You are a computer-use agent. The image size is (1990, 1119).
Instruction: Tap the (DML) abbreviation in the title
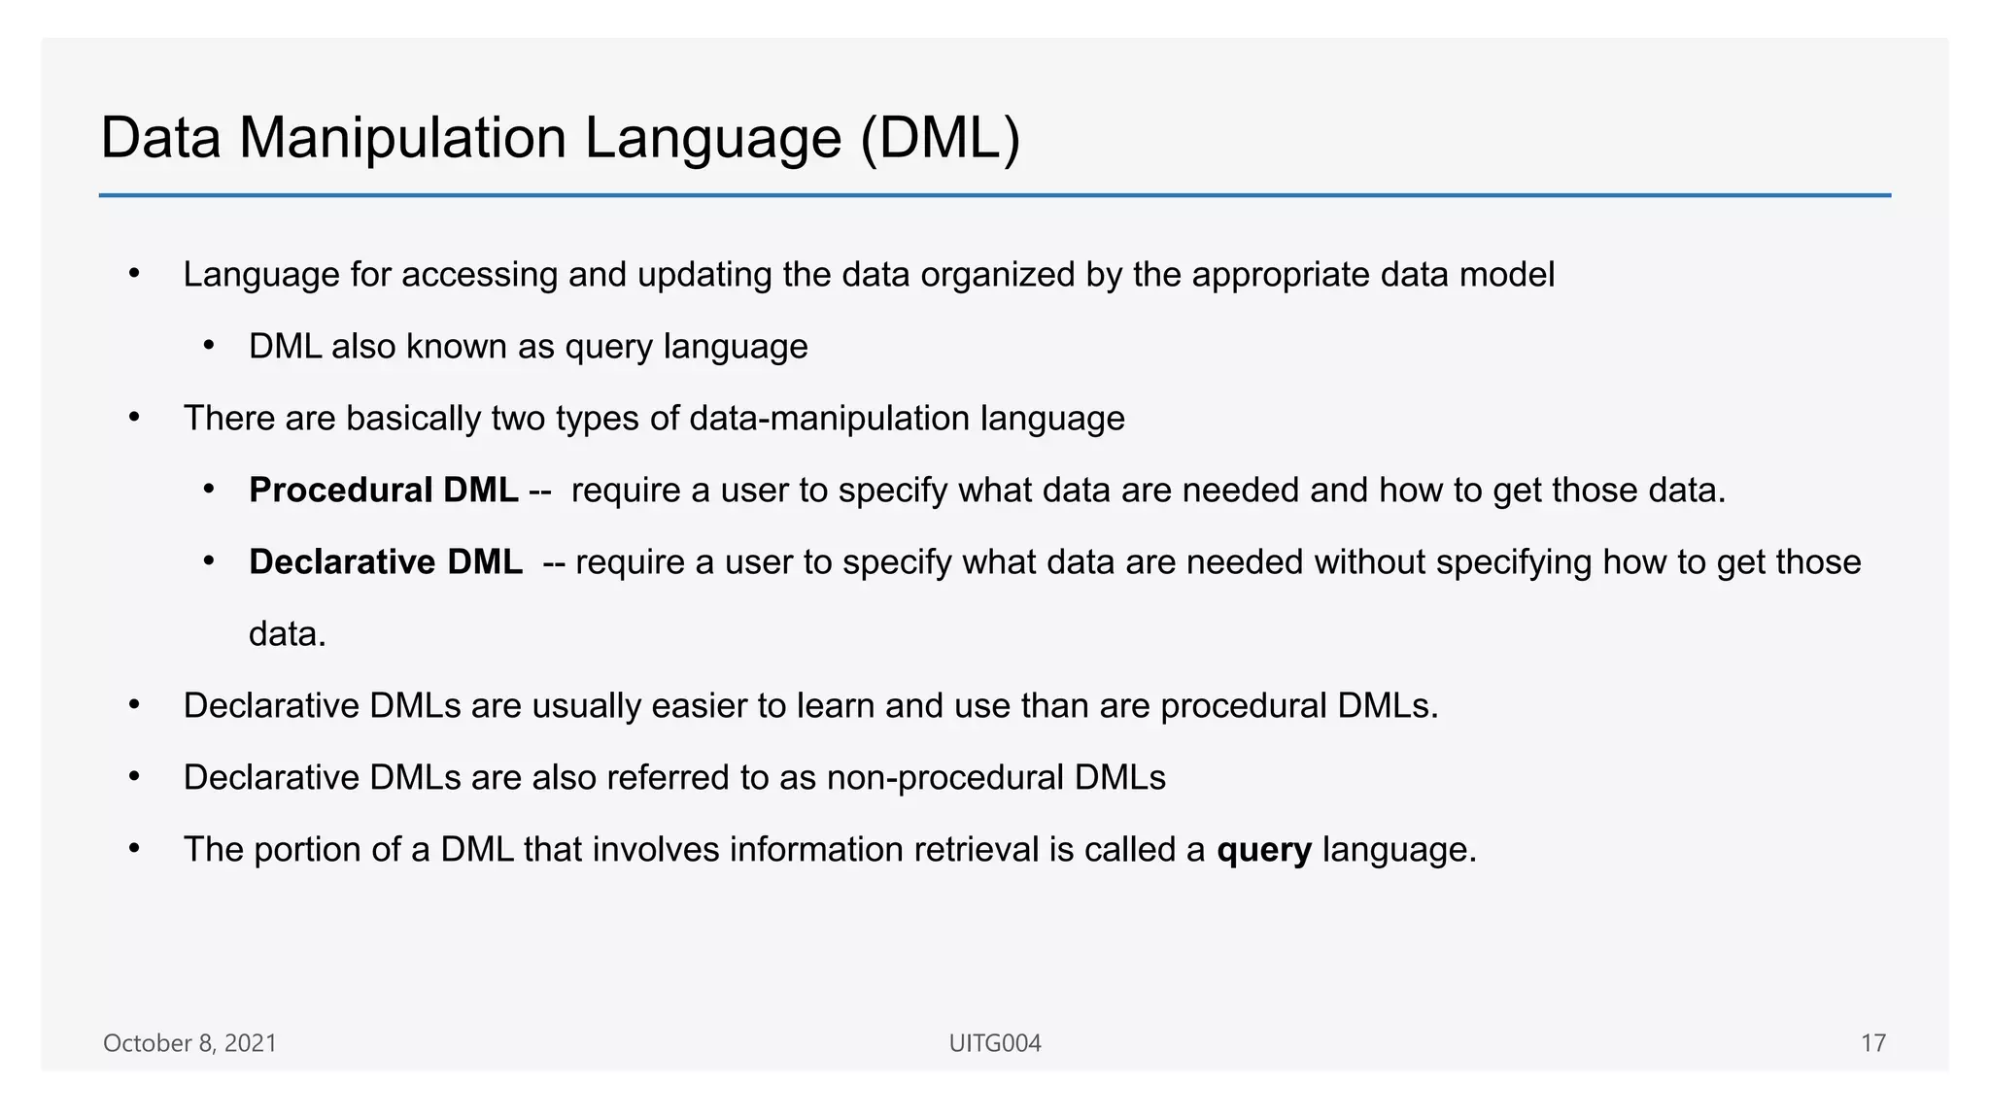(x=940, y=138)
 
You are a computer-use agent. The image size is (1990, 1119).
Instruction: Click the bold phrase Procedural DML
(x=383, y=491)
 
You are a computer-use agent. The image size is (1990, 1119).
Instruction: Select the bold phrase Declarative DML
(x=385, y=562)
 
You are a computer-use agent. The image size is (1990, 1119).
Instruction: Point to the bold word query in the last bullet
(x=1263, y=850)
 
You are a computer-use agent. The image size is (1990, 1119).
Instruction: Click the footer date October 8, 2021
(x=189, y=1043)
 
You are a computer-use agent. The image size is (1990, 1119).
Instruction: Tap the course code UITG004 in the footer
(x=994, y=1043)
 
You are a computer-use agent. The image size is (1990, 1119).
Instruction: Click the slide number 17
(x=1872, y=1043)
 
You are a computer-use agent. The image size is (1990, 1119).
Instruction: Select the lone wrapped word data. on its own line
(x=287, y=634)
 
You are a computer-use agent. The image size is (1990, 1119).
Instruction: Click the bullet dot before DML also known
(x=208, y=347)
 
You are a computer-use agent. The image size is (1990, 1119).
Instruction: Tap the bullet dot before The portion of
(x=135, y=850)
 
